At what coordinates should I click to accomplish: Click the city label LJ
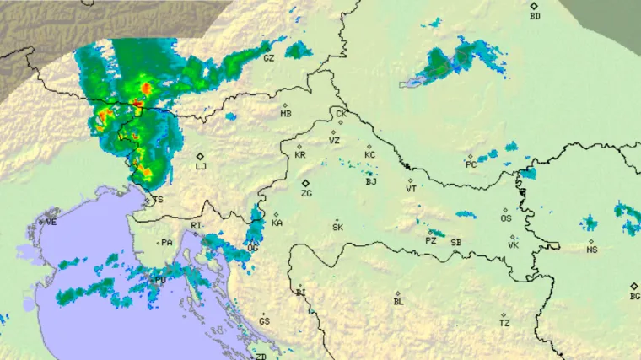[x=201, y=167]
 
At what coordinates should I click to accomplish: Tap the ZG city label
[x=307, y=194]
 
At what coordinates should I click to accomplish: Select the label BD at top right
[x=534, y=16]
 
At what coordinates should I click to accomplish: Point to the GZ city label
[x=268, y=58]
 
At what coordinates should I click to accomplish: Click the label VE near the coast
[x=51, y=223]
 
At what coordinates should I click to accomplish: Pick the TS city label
[x=158, y=201]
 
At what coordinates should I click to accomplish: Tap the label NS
[x=592, y=250]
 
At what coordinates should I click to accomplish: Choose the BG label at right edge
[x=635, y=297]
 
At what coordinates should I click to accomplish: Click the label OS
[x=506, y=219]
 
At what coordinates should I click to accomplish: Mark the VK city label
[x=513, y=245]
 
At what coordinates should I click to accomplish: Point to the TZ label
[x=504, y=323]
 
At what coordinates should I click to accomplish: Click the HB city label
[x=286, y=114]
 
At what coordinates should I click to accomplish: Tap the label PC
[x=471, y=164]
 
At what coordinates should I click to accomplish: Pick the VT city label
[x=411, y=190]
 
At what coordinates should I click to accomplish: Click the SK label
[x=337, y=228]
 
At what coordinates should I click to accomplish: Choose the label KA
[x=277, y=223]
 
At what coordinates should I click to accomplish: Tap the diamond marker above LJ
[x=200, y=156]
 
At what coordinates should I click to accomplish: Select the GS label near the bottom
[x=264, y=322]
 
